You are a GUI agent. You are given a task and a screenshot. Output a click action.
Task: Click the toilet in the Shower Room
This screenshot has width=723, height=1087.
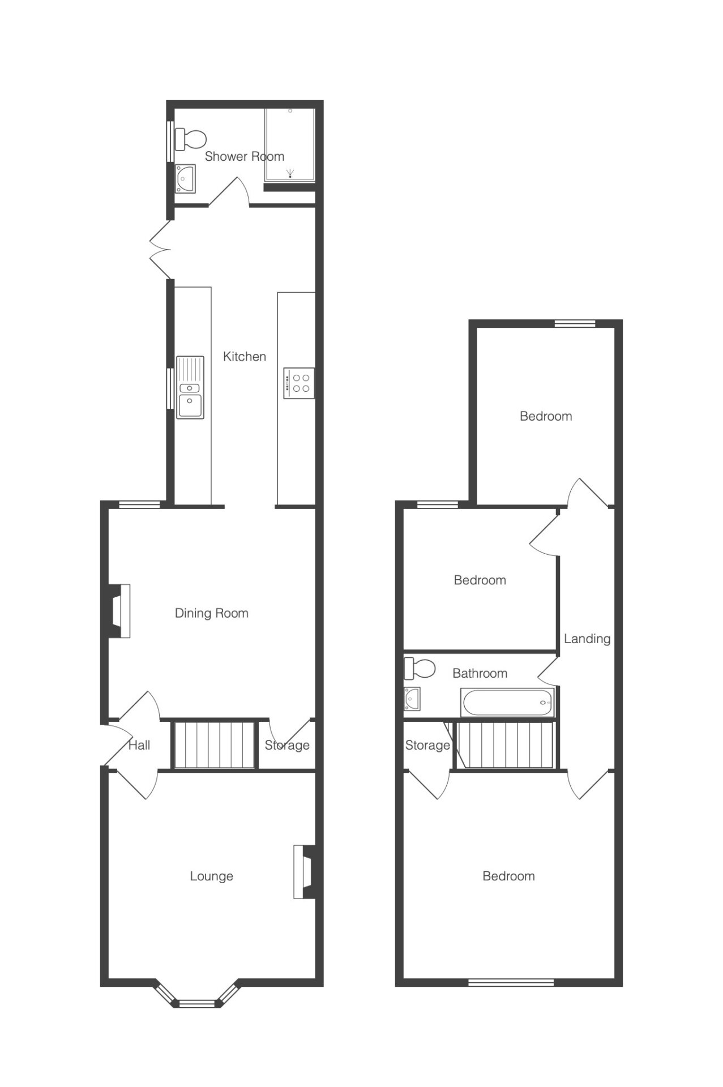coord(190,139)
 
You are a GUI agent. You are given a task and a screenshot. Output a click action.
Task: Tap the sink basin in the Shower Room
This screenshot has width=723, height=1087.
coord(185,179)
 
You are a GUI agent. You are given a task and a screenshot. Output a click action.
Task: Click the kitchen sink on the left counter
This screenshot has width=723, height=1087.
coord(190,387)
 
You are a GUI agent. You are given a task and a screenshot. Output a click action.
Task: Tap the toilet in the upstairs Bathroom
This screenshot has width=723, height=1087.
coord(420,669)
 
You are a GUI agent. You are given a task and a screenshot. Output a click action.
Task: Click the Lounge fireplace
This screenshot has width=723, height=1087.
coord(304,872)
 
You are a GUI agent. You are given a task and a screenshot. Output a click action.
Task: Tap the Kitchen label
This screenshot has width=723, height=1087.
coord(245,357)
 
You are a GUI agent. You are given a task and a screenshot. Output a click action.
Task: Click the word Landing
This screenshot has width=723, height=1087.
coord(587,639)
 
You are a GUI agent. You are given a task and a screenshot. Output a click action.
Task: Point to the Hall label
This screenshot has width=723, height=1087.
coord(139,745)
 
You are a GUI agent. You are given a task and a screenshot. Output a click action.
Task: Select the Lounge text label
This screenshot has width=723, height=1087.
coord(212,876)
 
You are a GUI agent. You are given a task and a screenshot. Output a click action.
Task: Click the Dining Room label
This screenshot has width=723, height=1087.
coord(212,613)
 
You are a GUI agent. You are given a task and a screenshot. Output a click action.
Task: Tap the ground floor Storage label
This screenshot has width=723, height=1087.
coord(287,745)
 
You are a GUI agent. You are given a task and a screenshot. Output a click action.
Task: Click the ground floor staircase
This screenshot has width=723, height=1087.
coord(214,744)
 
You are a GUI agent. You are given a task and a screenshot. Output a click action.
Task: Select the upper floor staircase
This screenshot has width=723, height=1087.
coord(505,744)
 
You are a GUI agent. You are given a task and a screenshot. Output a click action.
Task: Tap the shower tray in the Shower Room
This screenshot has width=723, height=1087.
coord(290,145)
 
